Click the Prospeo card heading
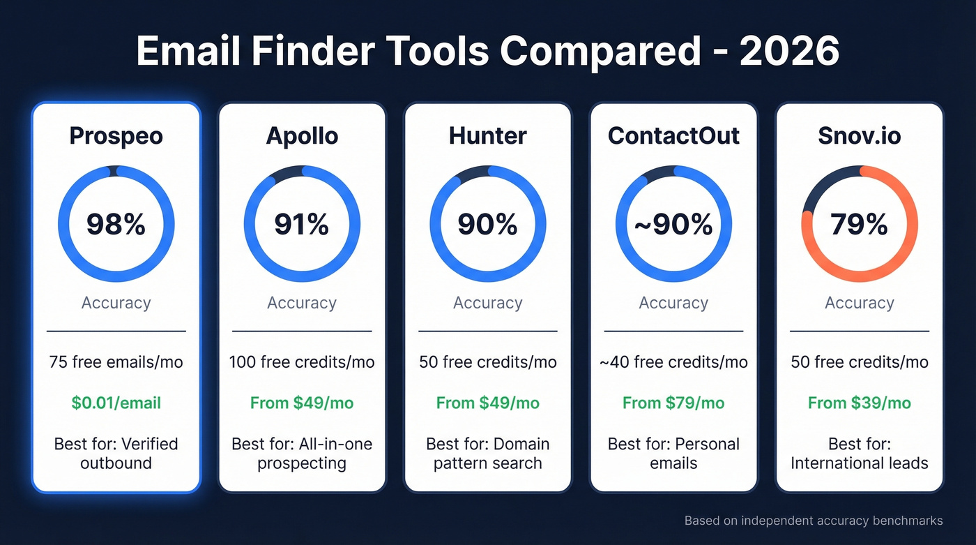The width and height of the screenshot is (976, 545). click(x=116, y=135)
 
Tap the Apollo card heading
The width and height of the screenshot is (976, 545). click(x=302, y=135)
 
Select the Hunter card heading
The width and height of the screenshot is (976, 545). click(x=487, y=135)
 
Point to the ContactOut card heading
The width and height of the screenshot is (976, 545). click(x=673, y=135)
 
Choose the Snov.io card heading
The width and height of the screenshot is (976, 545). click(x=859, y=135)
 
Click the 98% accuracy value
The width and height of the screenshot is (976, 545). click(x=116, y=225)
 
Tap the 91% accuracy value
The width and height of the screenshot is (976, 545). click(x=302, y=225)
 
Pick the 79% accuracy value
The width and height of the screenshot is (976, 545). click(x=859, y=225)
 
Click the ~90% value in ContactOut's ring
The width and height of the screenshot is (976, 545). click(x=673, y=225)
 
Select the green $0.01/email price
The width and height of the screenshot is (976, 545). click(x=116, y=403)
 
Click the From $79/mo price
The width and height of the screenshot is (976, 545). click(x=673, y=403)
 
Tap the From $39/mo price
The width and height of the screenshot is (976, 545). click(x=859, y=403)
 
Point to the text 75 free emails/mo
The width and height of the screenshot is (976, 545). click(x=116, y=362)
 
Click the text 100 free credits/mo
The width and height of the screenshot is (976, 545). click(x=302, y=362)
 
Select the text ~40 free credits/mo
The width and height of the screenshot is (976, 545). click(x=673, y=362)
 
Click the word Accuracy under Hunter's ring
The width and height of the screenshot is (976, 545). click(x=487, y=303)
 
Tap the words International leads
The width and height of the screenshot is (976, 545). click(x=859, y=463)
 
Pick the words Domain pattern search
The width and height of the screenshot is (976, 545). click(x=487, y=454)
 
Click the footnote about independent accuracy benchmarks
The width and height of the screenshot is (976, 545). click(x=813, y=521)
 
